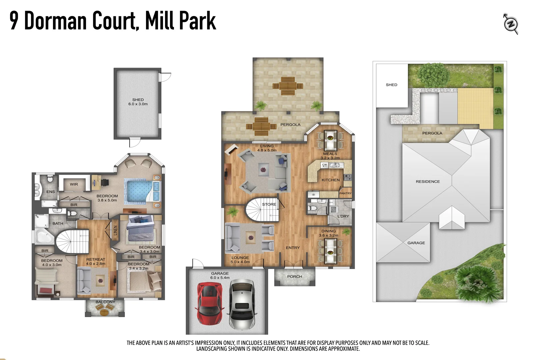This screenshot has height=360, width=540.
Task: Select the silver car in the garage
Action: [241, 304]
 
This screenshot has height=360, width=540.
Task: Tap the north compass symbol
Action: [510, 24]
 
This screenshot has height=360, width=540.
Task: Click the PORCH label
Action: [294, 277]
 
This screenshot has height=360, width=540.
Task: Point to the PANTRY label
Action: [345, 193]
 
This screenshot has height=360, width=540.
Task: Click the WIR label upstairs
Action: [74, 184]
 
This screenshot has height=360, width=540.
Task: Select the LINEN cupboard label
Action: [115, 230]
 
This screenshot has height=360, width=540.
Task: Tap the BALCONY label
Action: [105, 302]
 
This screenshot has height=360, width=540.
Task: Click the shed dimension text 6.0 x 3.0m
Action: [138, 104]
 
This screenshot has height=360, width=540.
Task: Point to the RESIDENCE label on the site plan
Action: [428, 182]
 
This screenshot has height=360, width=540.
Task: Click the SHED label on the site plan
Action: [391, 85]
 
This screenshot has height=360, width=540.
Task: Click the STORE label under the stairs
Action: [269, 204]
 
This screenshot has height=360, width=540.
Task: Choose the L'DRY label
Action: [343, 216]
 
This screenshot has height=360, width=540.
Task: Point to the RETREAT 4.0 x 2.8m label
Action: [96, 261]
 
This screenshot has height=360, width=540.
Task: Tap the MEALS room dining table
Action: [330, 139]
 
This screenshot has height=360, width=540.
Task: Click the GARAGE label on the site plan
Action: [416, 243]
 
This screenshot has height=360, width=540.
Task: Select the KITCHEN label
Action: [330, 180]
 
